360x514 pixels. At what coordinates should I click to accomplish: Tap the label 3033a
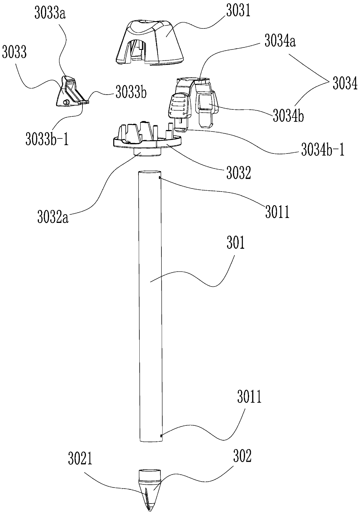coord(50,14)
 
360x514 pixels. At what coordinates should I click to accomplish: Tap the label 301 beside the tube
coord(235,243)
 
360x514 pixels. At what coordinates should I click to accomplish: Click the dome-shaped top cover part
coord(150,42)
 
